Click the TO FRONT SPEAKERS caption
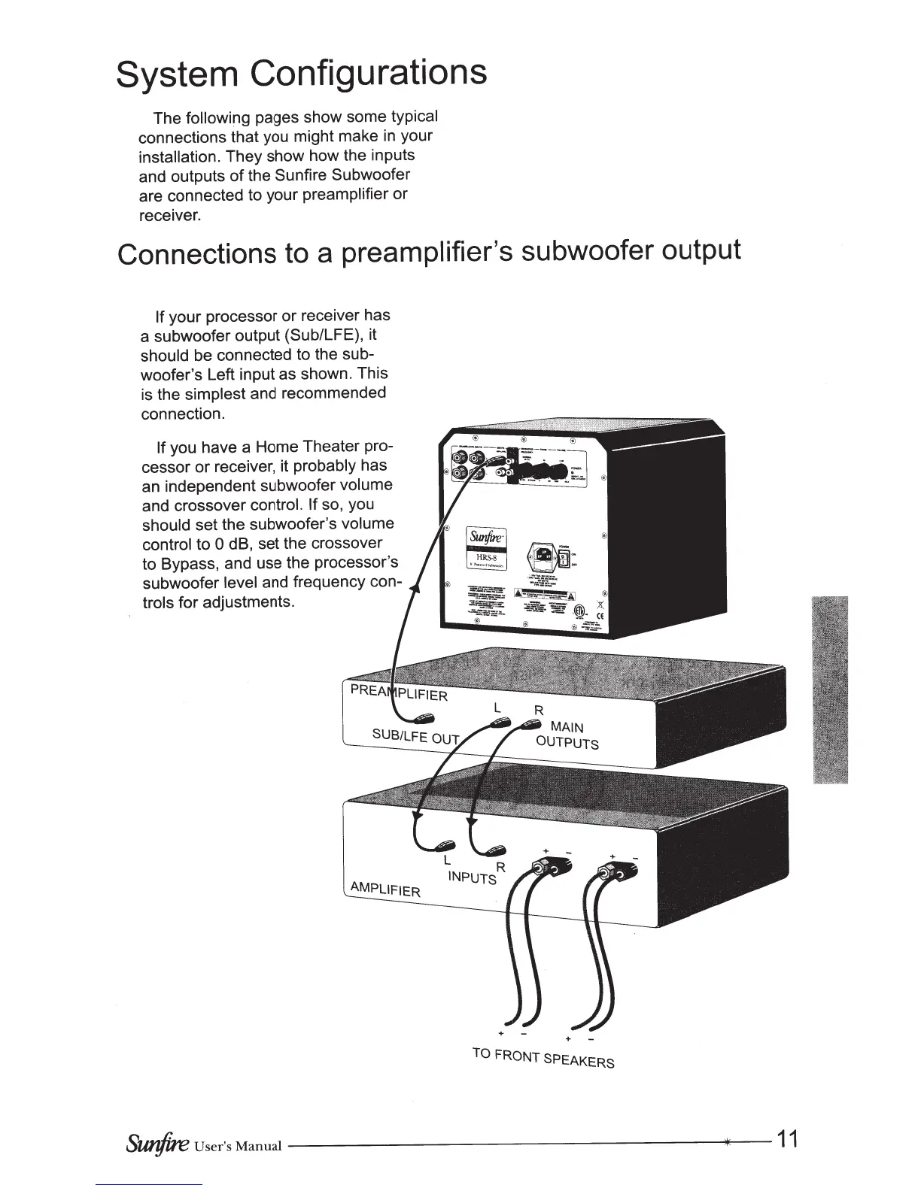click(x=543, y=1057)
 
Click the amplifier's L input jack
click(x=445, y=845)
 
